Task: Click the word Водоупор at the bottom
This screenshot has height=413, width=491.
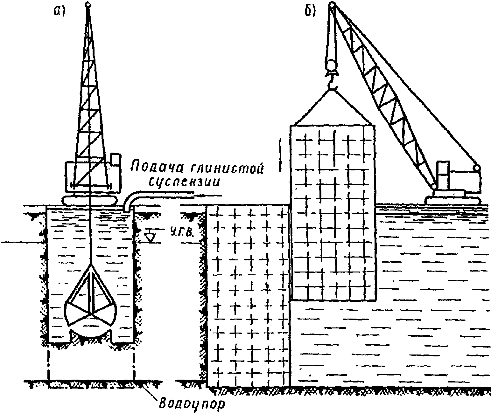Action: (x=191, y=405)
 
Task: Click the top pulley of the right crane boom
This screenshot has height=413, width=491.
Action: (x=332, y=5)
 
